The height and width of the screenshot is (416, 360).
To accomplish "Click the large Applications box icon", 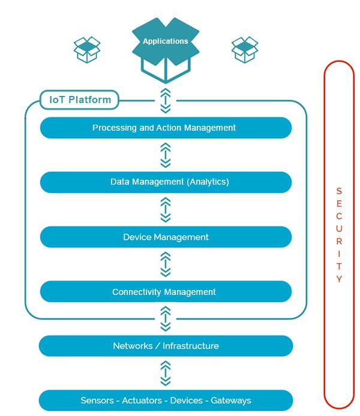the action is coord(166,50).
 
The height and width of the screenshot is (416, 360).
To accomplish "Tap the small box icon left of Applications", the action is coord(87,50).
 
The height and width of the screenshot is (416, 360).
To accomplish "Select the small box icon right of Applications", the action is coord(245,50).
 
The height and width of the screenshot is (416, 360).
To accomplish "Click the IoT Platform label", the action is coord(80,100).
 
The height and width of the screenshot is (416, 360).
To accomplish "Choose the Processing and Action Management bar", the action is coord(166,128).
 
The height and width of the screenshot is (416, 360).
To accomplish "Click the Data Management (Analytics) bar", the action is coord(166,182).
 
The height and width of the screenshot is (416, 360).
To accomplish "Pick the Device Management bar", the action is coord(166,237).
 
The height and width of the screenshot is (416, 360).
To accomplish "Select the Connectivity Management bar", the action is coord(166,291).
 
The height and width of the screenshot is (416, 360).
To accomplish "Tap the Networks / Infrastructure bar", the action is coord(166,346).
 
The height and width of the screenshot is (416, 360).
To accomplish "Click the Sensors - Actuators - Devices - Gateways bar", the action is coord(166,400).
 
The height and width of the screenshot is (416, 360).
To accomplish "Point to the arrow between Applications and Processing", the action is coord(166,101).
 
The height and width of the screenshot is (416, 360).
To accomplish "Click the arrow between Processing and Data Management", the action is coord(166,155).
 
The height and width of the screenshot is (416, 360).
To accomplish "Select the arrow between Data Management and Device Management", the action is coord(166,210).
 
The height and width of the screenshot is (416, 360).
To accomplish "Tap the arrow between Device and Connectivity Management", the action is coord(166,264).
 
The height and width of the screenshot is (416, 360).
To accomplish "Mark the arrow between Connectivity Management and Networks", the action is coord(166,319).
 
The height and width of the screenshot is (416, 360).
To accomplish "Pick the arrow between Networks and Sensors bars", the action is coord(166,373).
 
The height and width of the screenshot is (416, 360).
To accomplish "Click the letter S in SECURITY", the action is coord(339,191).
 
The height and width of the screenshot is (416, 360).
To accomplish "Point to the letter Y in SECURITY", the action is coord(339,279).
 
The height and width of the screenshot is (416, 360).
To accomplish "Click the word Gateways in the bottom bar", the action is coord(231,400).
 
